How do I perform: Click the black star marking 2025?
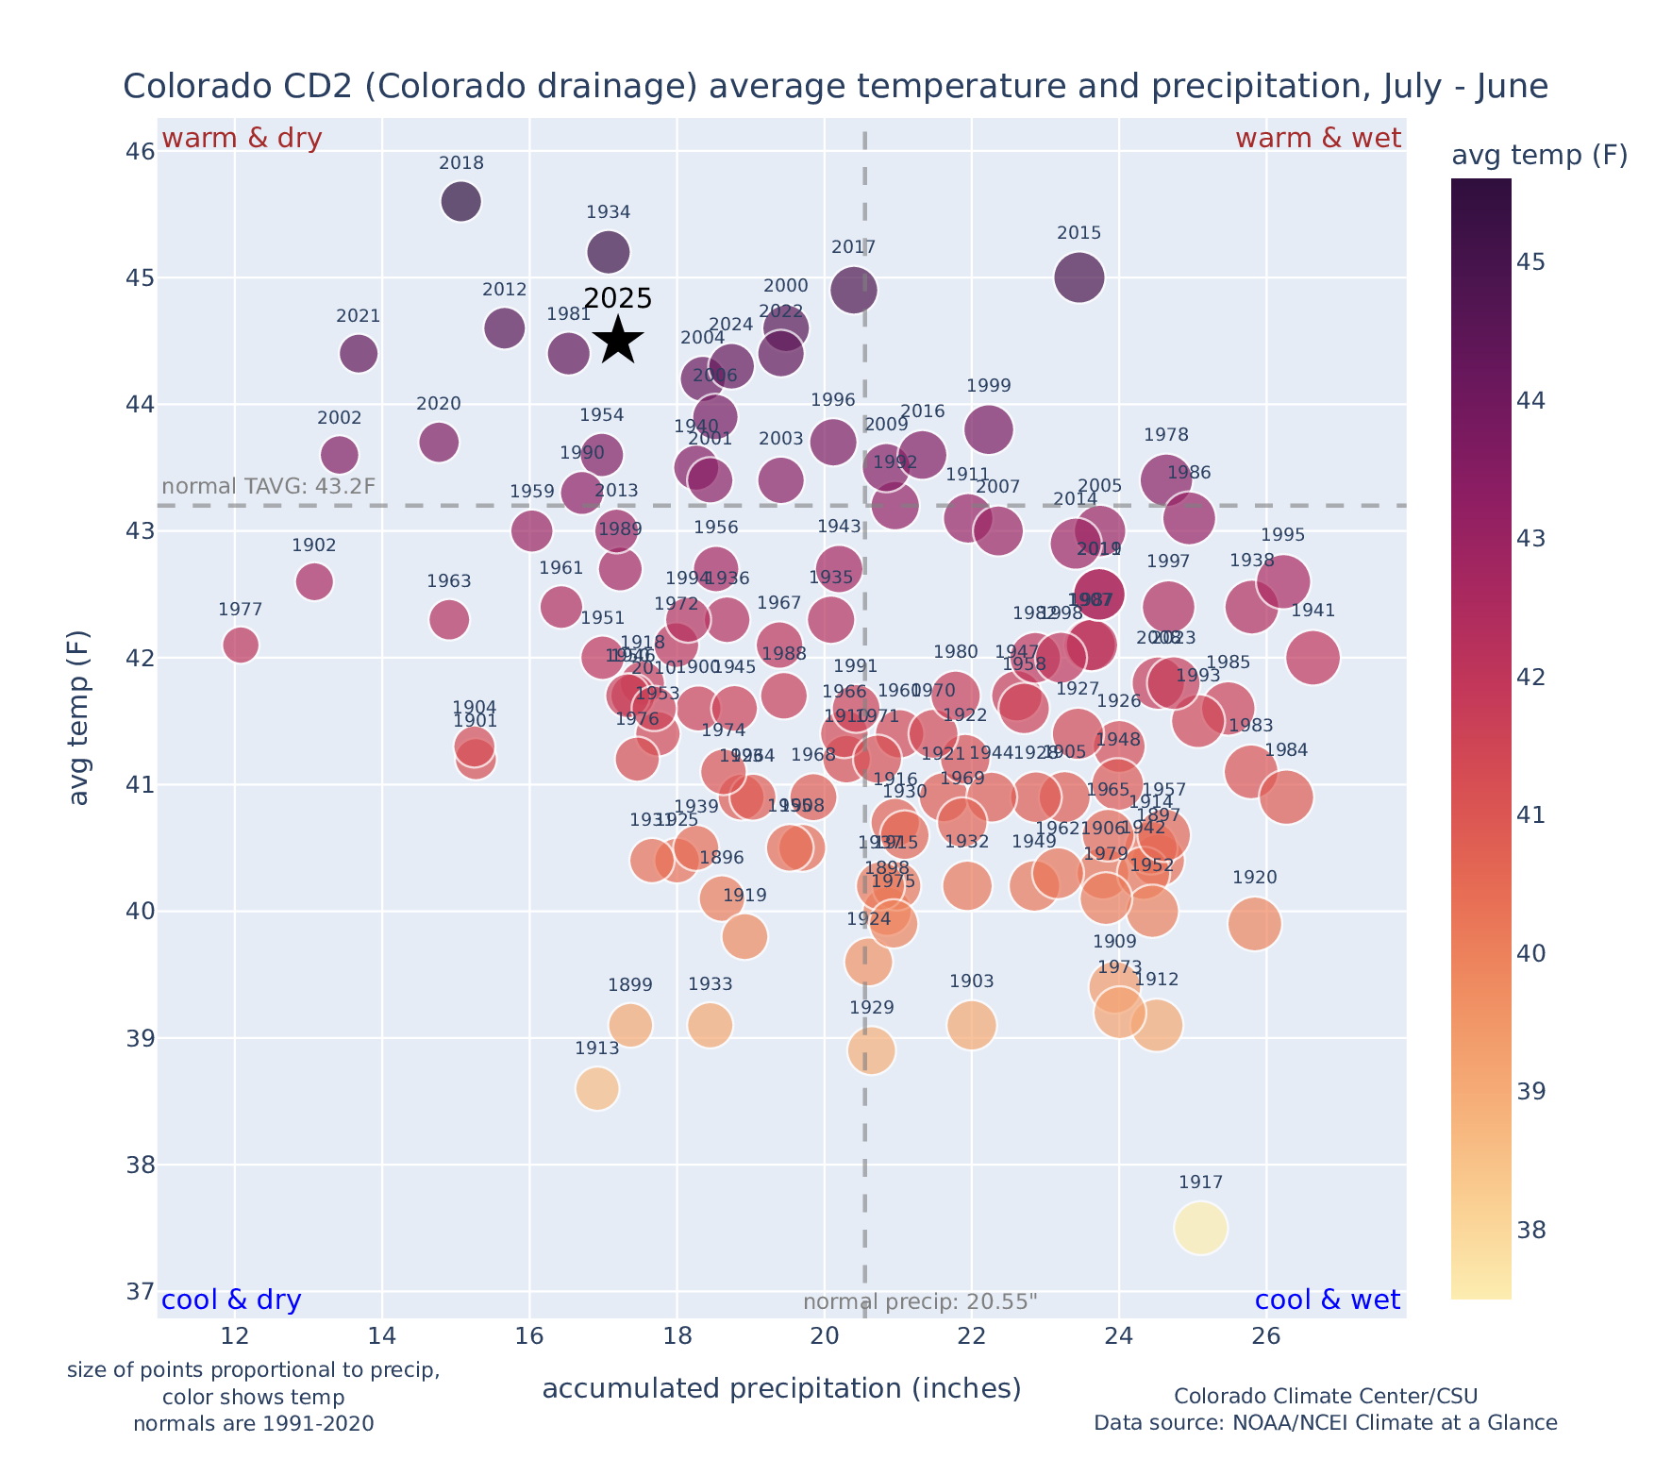618,340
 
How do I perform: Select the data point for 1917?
1200,1228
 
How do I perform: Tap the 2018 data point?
460,201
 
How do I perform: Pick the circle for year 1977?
241,645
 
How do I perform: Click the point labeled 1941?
1312,657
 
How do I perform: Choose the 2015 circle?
1079,277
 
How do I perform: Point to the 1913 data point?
597,1088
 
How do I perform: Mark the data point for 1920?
1254,923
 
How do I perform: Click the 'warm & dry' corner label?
242,139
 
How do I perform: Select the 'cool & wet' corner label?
1328,1300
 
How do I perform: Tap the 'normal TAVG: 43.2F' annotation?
269,487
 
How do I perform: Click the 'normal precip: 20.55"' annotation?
920,1302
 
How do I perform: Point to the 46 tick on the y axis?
140,151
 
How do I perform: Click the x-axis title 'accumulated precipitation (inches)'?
781,1388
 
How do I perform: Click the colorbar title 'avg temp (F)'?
1539,155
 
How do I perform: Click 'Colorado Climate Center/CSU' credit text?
1326,1396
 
